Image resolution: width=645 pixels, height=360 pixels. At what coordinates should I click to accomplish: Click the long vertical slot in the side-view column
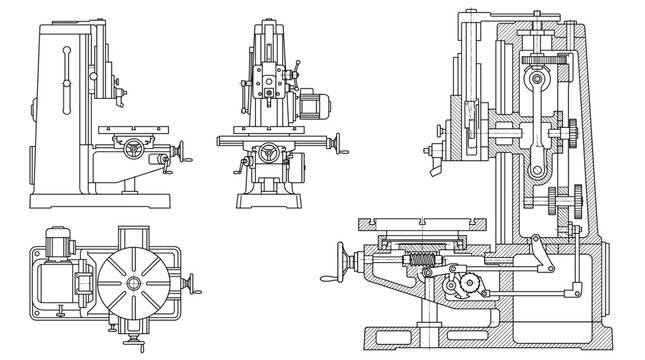click(x=67, y=75)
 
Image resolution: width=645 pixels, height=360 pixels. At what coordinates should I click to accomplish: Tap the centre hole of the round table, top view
click(x=132, y=284)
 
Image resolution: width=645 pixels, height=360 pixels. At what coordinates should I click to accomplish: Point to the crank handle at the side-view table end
click(x=182, y=151)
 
